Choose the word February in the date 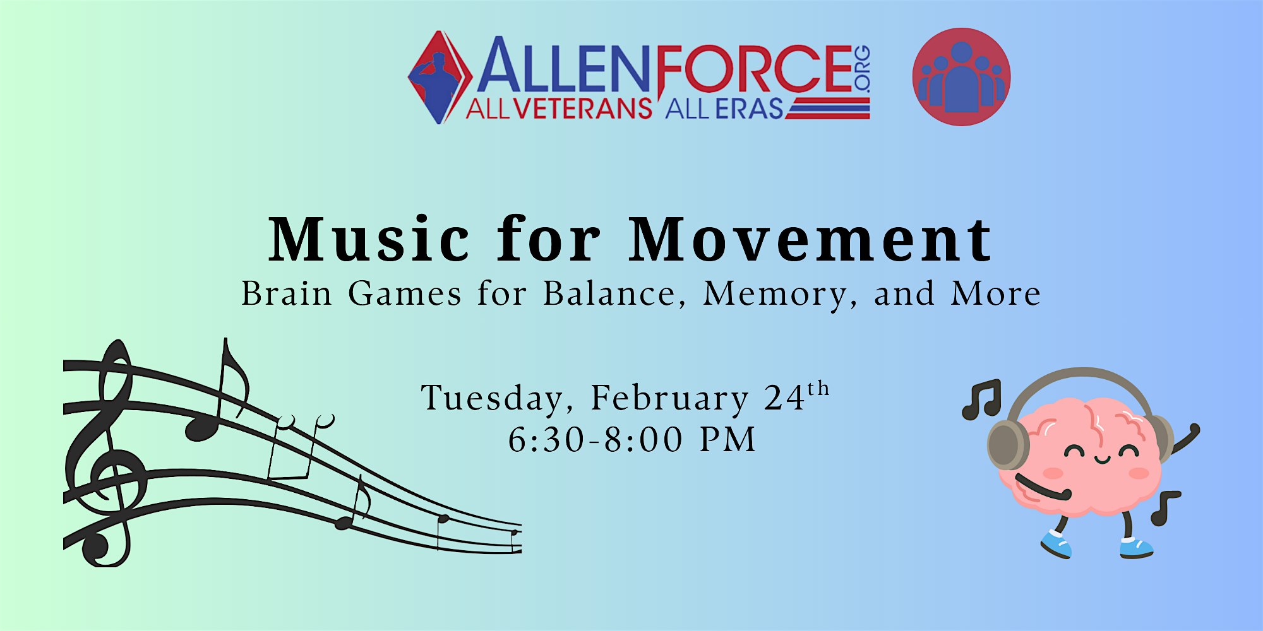click(x=669, y=399)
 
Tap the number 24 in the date click(x=784, y=398)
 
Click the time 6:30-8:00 click(x=596, y=439)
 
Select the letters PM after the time click(x=728, y=439)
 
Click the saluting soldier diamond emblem click(x=440, y=77)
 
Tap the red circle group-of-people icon click(x=961, y=76)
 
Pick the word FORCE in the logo click(x=755, y=68)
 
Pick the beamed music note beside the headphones click(x=981, y=399)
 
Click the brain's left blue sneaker click(x=1056, y=543)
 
